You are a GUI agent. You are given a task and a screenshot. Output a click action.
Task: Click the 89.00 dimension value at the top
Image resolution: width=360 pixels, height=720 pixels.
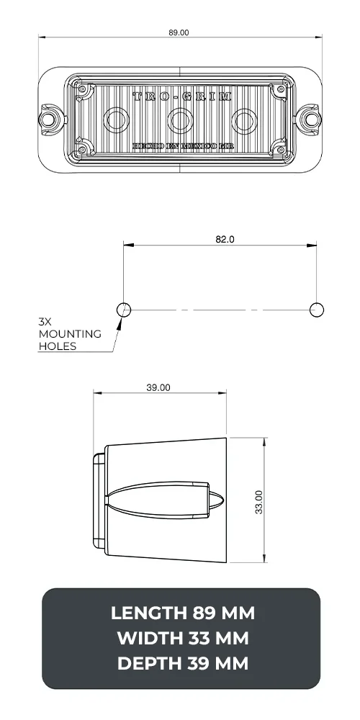[179, 32]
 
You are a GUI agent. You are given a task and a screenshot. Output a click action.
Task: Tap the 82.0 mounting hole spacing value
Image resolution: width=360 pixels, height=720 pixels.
[225, 240]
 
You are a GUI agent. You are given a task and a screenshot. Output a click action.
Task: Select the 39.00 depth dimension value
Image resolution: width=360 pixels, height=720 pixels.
[158, 387]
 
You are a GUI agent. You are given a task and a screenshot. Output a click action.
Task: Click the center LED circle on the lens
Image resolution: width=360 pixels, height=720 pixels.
[178, 119]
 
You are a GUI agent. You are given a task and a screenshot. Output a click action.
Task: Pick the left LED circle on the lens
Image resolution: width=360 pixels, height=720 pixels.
[114, 119]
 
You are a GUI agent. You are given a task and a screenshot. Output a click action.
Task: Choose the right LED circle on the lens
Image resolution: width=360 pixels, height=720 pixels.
[246, 119]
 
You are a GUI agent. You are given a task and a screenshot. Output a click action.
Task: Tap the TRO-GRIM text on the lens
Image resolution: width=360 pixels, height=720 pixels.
[182, 96]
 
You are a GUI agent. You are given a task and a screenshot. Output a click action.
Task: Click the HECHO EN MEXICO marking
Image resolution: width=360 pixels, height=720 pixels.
[182, 146]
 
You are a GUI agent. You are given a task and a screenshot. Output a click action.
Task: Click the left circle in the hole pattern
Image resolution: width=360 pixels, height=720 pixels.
[124, 310]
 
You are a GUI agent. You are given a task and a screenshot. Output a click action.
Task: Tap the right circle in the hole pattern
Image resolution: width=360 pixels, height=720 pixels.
[316, 310]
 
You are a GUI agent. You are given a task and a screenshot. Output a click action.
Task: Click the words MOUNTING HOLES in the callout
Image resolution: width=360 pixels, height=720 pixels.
[70, 340]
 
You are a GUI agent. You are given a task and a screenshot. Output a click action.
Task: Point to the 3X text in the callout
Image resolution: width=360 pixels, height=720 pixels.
[46, 322]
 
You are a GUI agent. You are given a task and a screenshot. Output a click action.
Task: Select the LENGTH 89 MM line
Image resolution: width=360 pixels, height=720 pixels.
[182, 613]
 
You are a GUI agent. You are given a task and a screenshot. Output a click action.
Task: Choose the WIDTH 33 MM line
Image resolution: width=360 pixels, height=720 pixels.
[182, 639]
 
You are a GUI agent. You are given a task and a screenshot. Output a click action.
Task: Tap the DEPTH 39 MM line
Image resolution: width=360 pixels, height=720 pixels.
[182, 663]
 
